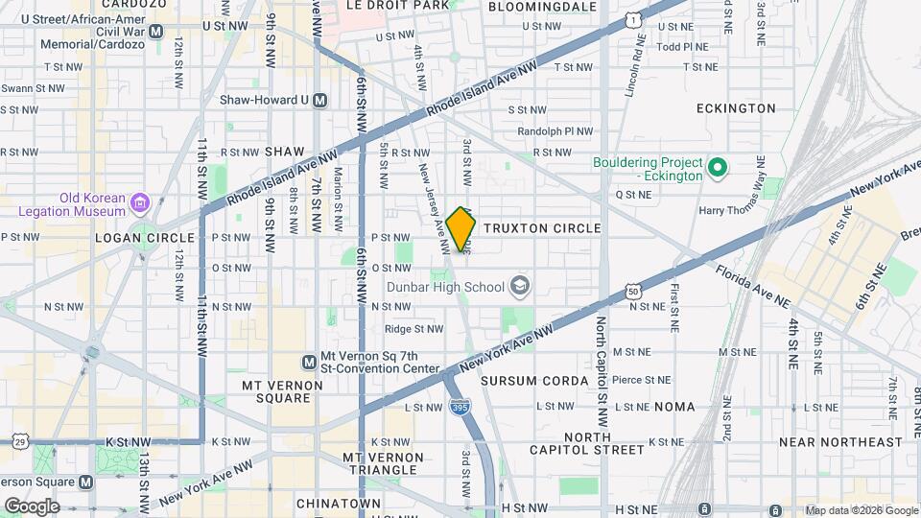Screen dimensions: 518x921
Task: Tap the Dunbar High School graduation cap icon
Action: tap(519, 286)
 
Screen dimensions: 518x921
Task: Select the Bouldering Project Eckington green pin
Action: tap(717, 171)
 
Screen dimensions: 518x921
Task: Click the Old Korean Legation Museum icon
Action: tap(141, 202)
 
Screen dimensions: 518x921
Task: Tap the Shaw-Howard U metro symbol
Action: tap(320, 100)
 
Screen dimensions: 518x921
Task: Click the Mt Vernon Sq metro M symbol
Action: tap(309, 362)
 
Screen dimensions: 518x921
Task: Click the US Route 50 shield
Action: tap(631, 291)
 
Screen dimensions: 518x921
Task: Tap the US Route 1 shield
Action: tap(631, 18)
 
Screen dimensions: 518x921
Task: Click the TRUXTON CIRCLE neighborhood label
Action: tap(542, 228)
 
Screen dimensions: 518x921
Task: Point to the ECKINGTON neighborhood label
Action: tap(736, 108)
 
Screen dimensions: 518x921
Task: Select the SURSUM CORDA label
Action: tap(534, 381)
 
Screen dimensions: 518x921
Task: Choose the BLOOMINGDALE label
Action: tap(542, 6)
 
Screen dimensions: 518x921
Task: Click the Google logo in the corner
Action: tap(31, 506)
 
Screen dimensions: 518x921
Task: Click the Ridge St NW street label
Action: tap(413, 329)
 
